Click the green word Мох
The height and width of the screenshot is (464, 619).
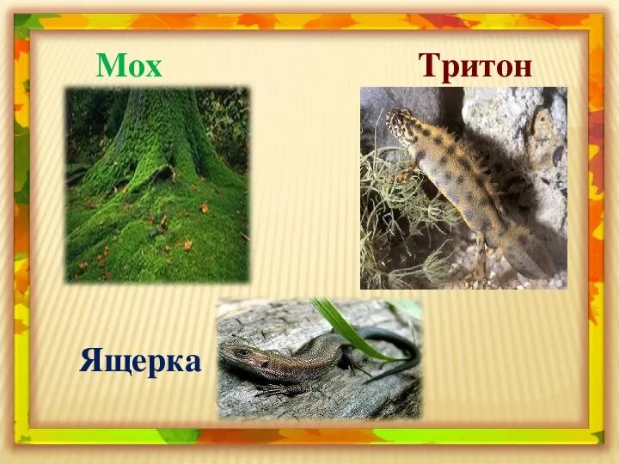tap(129, 65)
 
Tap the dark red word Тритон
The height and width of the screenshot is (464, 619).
tap(475, 65)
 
